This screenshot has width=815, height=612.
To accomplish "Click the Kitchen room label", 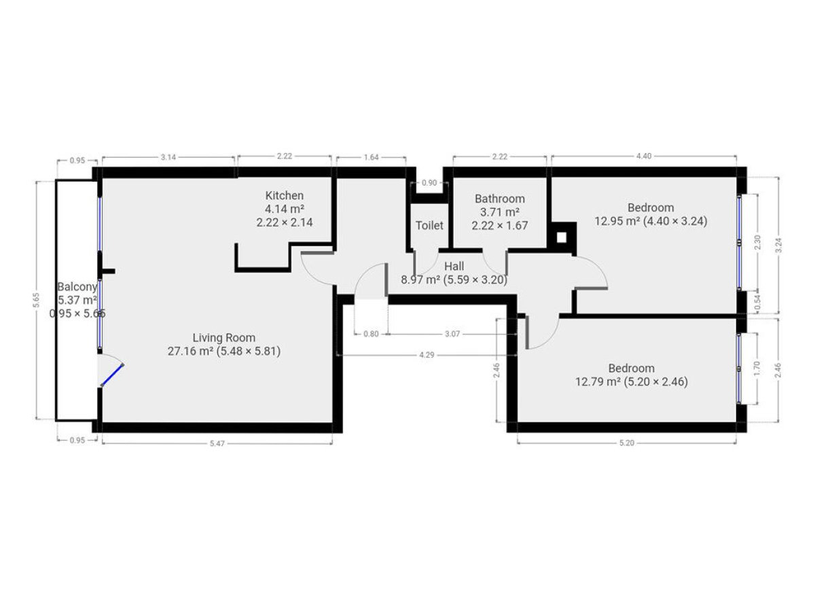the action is pyautogui.click(x=284, y=195).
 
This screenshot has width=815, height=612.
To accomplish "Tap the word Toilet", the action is pyautogui.click(x=429, y=226).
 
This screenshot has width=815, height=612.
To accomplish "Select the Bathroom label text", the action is pyautogui.click(x=500, y=199).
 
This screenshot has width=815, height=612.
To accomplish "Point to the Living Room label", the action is pyautogui.click(x=224, y=338).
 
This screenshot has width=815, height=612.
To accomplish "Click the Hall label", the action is pyautogui.click(x=454, y=267).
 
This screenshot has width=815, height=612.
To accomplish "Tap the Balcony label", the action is pyautogui.click(x=77, y=287).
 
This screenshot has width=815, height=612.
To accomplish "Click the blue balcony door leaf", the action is pyautogui.click(x=112, y=375).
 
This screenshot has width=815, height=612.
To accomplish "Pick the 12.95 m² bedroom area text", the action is pyautogui.click(x=617, y=222).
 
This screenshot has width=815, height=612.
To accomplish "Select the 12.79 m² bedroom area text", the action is pyautogui.click(x=598, y=382).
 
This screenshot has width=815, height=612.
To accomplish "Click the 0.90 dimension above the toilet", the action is pyautogui.click(x=429, y=183).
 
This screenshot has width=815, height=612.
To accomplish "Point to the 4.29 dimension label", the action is pyautogui.click(x=427, y=355).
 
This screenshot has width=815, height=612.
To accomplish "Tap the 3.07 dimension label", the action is pyautogui.click(x=452, y=334).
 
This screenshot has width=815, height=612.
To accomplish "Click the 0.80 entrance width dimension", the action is pyautogui.click(x=371, y=334).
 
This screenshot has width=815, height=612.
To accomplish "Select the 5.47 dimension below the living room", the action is pyautogui.click(x=217, y=443).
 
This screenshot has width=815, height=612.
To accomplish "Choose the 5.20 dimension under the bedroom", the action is pyautogui.click(x=627, y=443).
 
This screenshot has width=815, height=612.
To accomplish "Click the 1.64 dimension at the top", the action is pyautogui.click(x=372, y=157).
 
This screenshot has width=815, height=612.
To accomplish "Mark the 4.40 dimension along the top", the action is pyautogui.click(x=644, y=156).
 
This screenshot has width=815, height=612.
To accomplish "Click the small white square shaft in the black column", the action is pyautogui.click(x=562, y=237).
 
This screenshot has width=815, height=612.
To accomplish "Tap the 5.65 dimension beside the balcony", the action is pyautogui.click(x=36, y=301).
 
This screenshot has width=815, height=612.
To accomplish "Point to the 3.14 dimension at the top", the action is pyautogui.click(x=168, y=157).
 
